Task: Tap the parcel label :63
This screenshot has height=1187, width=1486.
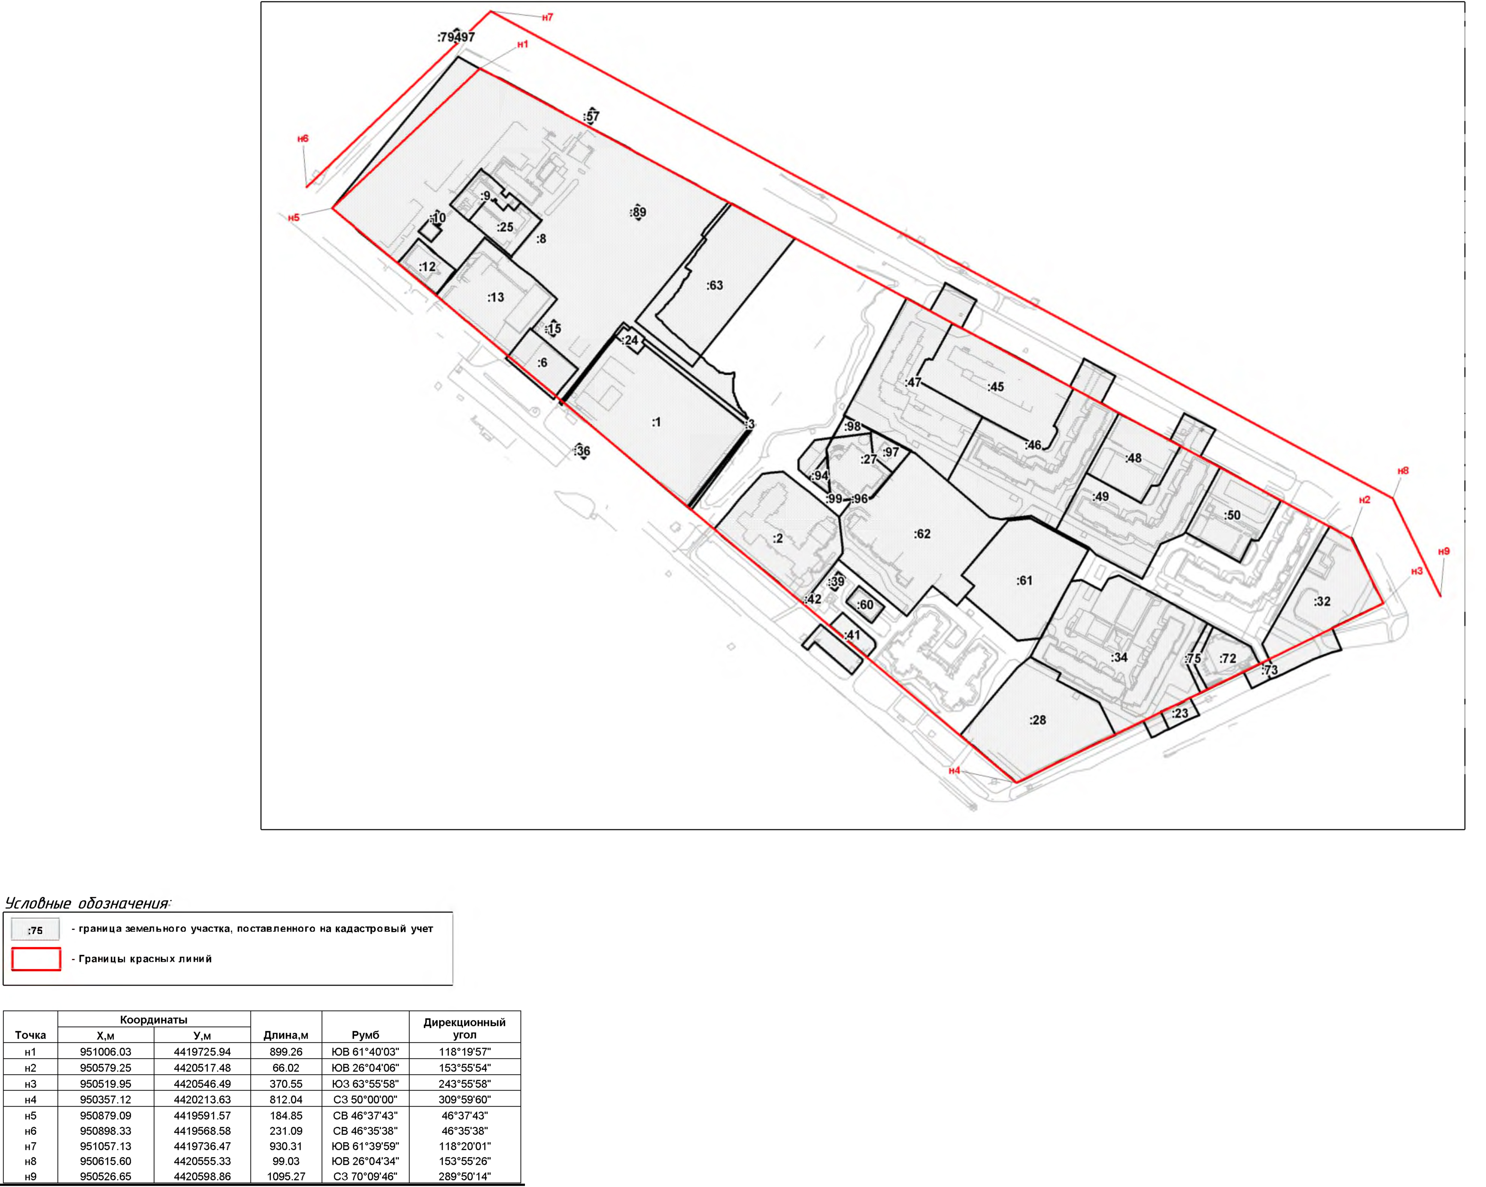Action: pos(715,285)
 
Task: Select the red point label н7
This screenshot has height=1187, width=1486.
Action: pos(547,17)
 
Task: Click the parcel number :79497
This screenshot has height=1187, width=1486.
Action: pos(456,37)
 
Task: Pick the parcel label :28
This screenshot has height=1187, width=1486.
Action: pos(1037,720)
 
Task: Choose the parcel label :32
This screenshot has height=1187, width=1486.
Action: pos(1322,601)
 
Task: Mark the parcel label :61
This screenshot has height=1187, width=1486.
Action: pos(1024,581)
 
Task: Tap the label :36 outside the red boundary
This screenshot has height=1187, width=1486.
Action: pos(582,451)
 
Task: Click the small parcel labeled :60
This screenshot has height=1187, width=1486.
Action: pos(865,605)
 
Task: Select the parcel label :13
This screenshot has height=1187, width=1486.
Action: pos(495,297)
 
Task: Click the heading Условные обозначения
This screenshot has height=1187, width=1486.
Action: pos(88,904)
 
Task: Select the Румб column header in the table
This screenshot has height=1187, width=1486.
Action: pos(365,1035)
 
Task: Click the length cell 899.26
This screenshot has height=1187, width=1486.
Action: pos(286,1052)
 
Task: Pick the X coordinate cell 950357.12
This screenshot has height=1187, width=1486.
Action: pos(106,1099)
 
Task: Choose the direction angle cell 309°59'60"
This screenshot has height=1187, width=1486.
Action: pos(464,1099)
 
